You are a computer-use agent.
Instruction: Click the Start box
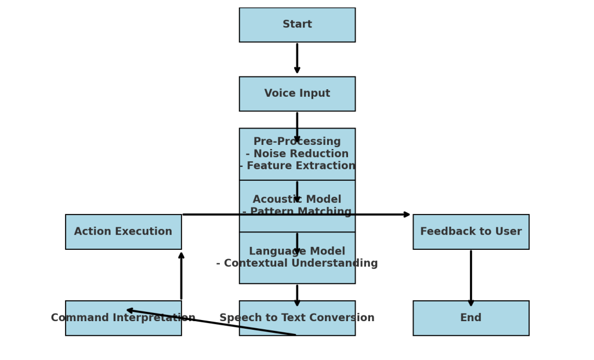point(297,25)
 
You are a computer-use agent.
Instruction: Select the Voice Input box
point(297,94)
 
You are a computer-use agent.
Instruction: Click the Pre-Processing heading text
point(297,142)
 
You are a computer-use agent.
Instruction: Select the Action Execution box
point(123,232)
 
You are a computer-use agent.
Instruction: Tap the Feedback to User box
point(470,232)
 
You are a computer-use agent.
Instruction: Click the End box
point(470,318)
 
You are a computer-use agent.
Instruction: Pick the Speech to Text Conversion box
point(297,318)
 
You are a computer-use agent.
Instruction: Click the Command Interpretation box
point(123,318)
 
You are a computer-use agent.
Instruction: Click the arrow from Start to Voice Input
point(297,58)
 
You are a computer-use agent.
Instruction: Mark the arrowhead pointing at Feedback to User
point(407,214)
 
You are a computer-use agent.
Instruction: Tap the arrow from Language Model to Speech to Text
point(297,294)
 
